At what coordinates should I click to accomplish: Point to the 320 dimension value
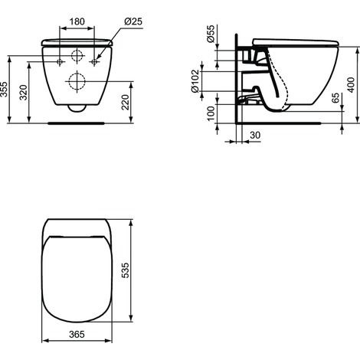coord(25,93)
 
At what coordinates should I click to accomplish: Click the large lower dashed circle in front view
coord(77,81)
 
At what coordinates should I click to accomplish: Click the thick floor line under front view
coord(77,121)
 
